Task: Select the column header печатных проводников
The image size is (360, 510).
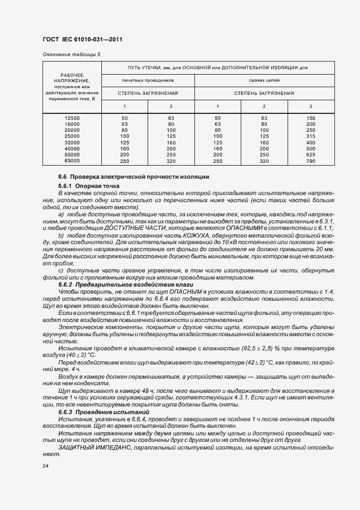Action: (148, 80)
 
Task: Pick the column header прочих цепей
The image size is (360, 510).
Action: (264, 80)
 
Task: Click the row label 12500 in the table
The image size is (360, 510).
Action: (71, 118)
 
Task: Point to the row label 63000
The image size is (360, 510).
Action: (71, 161)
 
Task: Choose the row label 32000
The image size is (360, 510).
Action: (71, 142)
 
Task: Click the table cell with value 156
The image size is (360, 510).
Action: (311, 118)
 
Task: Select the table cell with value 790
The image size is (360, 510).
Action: (311, 161)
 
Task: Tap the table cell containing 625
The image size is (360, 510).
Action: (311, 154)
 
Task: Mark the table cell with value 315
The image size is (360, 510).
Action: (311, 136)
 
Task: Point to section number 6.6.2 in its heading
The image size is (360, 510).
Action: (65, 285)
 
